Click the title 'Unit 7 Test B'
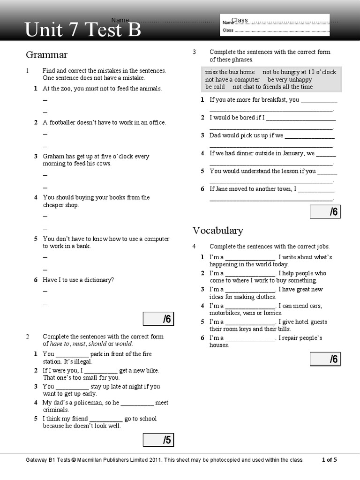pos(83,30)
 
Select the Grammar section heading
pos(46,55)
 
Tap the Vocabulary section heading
pos(217,230)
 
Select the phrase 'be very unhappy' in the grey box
pos(289,80)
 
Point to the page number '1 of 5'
pos(329,460)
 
